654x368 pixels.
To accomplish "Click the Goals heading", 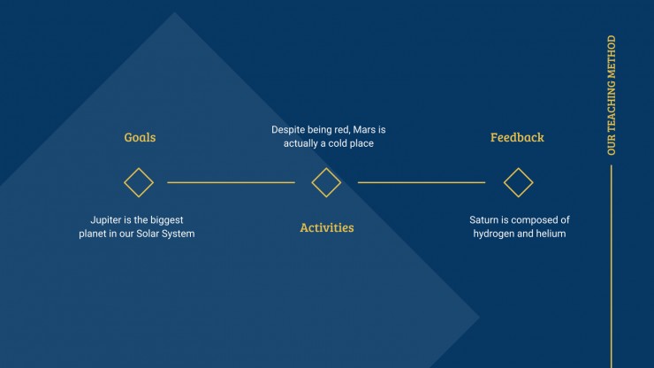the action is [x=140, y=137].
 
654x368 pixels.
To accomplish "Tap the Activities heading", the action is [x=327, y=227].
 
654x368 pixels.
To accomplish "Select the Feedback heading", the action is [x=517, y=137].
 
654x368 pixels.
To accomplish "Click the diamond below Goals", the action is [x=139, y=168].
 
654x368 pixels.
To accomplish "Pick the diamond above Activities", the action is [x=326, y=168].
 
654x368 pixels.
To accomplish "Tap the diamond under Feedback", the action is [x=519, y=168].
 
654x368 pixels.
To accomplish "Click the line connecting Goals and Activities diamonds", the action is [x=231, y=182].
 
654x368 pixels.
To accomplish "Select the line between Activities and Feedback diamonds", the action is [x=422, y=182].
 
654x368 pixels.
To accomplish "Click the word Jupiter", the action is [x=105, y=220].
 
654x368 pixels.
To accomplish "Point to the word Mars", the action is [x=363, y=129].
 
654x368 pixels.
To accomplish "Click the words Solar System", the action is [x=165, y=234].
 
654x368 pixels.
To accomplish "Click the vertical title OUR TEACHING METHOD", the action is [x=612, y=96].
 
